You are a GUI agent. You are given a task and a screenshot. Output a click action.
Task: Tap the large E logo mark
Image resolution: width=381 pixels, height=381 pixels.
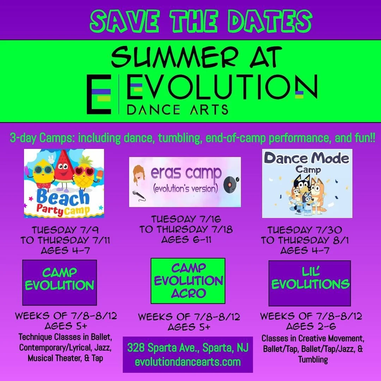(x=99, y=95)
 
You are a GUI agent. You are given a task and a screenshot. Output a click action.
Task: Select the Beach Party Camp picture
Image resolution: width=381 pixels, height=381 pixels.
(x=64, y=183)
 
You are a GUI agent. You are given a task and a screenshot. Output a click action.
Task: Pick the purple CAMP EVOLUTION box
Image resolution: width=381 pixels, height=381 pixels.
(x=59, y=282)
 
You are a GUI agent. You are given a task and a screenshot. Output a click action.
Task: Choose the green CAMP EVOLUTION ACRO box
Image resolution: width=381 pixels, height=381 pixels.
(x=188, y=281)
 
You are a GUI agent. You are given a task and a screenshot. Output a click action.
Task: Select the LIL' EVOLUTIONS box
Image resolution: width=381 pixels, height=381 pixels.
(x=310, y=283)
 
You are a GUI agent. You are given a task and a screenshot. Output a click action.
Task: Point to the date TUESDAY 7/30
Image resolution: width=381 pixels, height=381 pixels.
(x=304, y=230)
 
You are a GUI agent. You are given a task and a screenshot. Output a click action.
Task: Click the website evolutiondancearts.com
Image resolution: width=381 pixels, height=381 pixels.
(x=188, y=362)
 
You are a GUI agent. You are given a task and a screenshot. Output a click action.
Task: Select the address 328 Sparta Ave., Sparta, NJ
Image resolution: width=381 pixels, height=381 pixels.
(x=188, y=348)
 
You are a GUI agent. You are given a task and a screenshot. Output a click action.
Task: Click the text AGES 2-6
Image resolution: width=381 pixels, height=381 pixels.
(x=311, y=326)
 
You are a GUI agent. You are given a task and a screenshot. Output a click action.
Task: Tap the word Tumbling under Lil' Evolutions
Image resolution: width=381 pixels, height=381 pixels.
(x=313, y=360)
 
